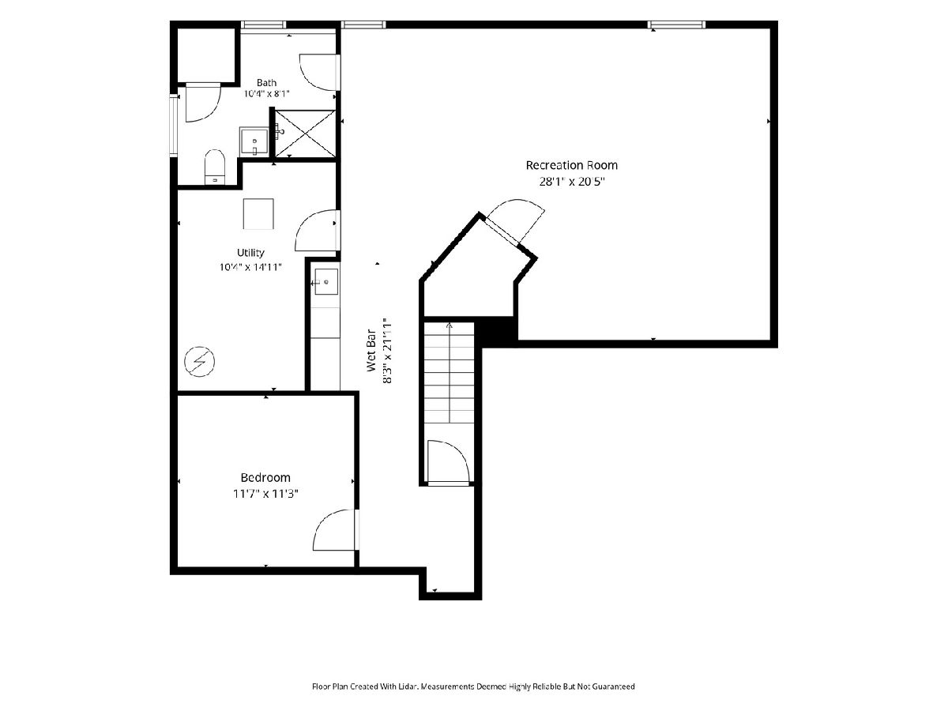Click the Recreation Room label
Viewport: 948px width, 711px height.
tap(571, 165)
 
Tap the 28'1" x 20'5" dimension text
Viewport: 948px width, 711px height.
tap(571, 182)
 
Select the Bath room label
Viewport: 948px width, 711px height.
tap(266, 82)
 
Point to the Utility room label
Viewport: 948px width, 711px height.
tap(250, 253)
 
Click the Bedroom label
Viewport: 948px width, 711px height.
tap(265, 477)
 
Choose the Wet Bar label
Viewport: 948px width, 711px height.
tap(371, 350)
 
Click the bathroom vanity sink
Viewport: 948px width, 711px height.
tap(254, 141)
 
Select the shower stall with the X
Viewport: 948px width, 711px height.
tap(306, 134)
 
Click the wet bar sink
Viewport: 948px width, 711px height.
tap(325, 281)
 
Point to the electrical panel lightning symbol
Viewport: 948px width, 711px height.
tap(200, 361)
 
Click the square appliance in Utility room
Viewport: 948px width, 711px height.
tap(258, 213)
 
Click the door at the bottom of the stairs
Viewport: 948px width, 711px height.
tap(448, 463)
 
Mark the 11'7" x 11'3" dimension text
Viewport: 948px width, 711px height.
tap(265, 494)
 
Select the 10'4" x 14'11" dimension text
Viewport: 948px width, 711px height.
tap(250, 267)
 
